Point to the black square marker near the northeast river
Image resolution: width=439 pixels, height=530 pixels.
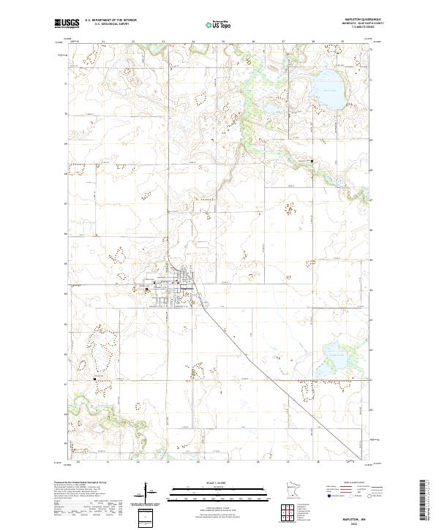311,161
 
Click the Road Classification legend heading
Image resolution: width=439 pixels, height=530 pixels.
345,483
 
